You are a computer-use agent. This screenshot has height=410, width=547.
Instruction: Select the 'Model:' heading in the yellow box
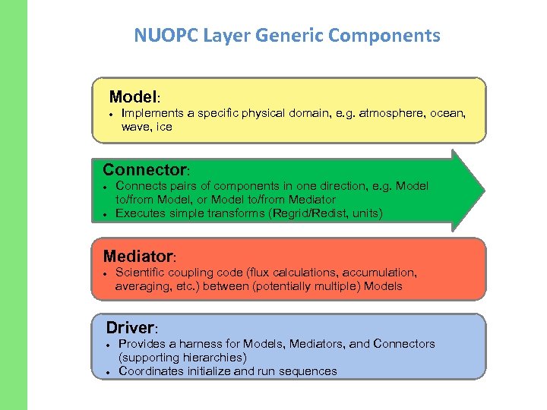click(134, 97)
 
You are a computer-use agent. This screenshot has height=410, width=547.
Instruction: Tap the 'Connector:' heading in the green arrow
click(145, 169)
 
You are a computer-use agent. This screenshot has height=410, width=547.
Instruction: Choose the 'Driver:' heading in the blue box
click(131, 328)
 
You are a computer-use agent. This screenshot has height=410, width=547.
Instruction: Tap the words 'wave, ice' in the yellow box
click(147, 127)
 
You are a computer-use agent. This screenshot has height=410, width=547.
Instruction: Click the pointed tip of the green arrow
click(482, 190)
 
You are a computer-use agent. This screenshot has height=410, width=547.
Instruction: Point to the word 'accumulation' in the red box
click(381, 272)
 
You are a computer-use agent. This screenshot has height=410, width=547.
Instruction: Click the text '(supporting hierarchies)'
click(182, 358)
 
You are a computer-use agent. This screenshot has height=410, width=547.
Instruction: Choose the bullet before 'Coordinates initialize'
click(108, 372)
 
